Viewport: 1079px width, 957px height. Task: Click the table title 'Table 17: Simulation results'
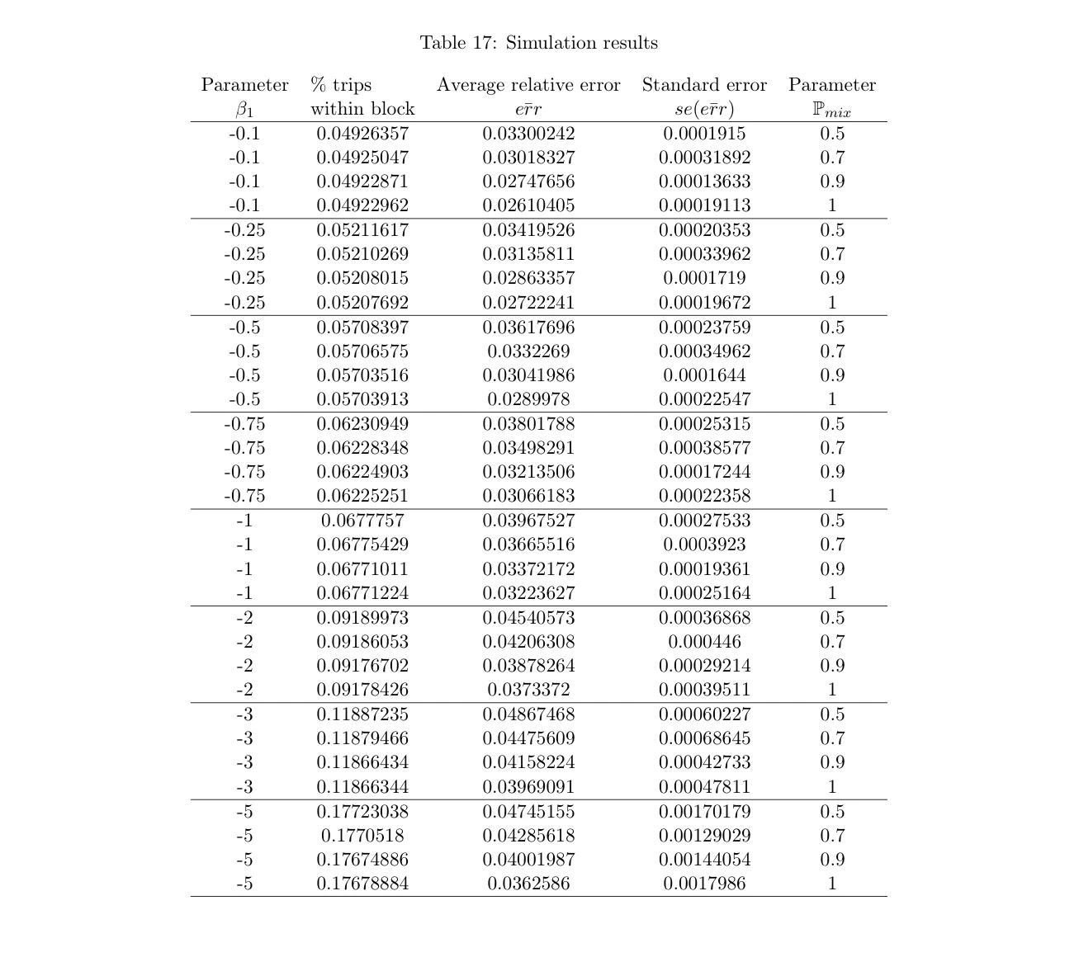tap(538, 43)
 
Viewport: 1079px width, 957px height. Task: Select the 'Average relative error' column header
tap(528, 85)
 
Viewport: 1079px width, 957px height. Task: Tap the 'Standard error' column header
tap(704, 85)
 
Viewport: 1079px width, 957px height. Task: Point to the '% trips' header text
tap(341, 85)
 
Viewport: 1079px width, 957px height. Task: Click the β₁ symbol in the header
tap(244, 109)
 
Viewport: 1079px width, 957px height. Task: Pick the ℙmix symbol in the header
tap(831, 110)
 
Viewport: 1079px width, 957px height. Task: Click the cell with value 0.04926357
tap(362, 134)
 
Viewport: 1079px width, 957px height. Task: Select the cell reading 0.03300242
tap(528, 134)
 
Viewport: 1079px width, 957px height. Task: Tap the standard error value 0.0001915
tap(704, 134)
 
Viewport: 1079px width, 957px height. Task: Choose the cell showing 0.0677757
tap(362, 521)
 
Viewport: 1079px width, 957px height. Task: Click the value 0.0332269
tap(528, 351)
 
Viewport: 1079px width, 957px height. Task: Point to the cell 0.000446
tap(704, 642)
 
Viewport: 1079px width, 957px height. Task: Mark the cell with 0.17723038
tap(362, 812)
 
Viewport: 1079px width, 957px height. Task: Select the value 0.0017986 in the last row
tap(704, 884)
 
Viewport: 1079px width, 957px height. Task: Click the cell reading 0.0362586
tap(528, 884)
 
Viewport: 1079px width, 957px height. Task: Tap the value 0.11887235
tap(362, 714)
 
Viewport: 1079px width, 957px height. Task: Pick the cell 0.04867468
tap(528, 714)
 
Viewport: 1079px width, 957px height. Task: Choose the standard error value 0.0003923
tap(704, 544)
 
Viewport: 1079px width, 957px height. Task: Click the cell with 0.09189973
tap(362, 618)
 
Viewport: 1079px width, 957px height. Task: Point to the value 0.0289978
tap(528, 399)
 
